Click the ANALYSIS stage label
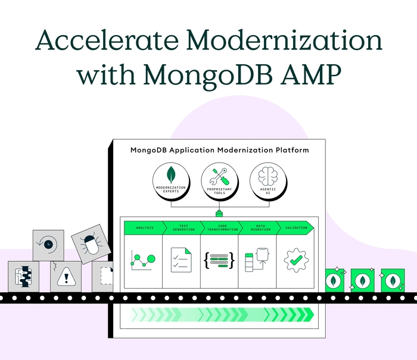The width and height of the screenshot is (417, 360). point(144,227)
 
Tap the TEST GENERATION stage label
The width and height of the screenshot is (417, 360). point(182,227)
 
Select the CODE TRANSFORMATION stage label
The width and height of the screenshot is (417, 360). point(220,227)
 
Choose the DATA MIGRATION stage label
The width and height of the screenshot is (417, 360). point(257,227)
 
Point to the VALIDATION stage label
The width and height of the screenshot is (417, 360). point(295,227)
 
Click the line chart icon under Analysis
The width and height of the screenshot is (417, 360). point(144,259)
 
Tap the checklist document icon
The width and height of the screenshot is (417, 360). point(182,260)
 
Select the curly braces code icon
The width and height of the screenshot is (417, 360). point(219,260)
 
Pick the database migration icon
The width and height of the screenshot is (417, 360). point(257,261)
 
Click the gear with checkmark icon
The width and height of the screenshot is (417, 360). point(295,260)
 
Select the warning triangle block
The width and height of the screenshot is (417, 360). point(66,276)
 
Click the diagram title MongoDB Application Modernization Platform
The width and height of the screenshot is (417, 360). point(219,150)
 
